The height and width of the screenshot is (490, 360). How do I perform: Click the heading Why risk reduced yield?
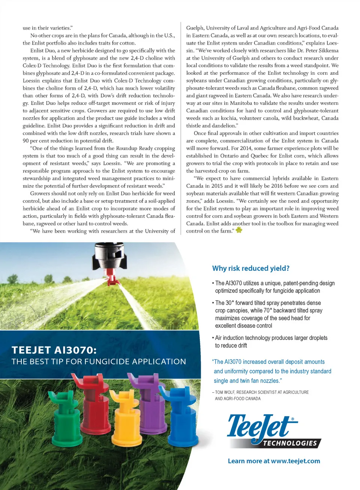(250, 268)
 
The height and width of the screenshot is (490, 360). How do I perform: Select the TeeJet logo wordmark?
(261, 427)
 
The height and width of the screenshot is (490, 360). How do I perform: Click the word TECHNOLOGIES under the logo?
(290, 443)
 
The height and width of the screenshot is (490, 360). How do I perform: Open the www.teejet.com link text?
(295, 461)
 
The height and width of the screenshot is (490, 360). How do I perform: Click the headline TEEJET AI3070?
(54, 350)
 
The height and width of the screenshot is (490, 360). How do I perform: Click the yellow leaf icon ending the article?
(239, 230)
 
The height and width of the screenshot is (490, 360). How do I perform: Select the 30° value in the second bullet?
(228, 303)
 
